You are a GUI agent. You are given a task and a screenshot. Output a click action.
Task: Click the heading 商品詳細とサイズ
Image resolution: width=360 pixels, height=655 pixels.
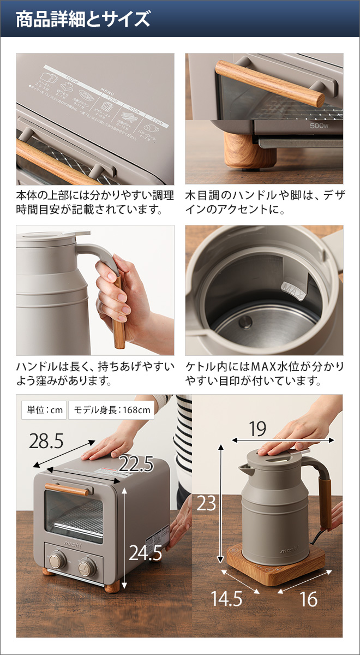pyautogui.click(x=82, y=19)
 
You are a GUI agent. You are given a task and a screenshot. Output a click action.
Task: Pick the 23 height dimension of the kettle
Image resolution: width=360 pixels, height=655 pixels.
pyautogui.click(x=207, y=503)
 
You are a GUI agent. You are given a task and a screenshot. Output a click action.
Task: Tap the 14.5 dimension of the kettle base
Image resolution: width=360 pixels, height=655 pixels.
pyautogui.click(x=227, y=599)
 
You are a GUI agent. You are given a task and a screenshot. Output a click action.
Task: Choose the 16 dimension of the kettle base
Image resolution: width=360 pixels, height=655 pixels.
pyautogui.click(x=308, y=599)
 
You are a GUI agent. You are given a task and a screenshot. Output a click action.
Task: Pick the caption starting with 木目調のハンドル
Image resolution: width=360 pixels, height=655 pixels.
pyautogui.click(x=265, y=202)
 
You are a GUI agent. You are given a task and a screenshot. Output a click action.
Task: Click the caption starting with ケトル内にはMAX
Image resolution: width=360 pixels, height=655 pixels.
pyautogui.click(x=265, y=373)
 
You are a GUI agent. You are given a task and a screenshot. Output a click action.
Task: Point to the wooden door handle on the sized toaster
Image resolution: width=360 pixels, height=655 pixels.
pyautogui.click(x=66, y=489)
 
